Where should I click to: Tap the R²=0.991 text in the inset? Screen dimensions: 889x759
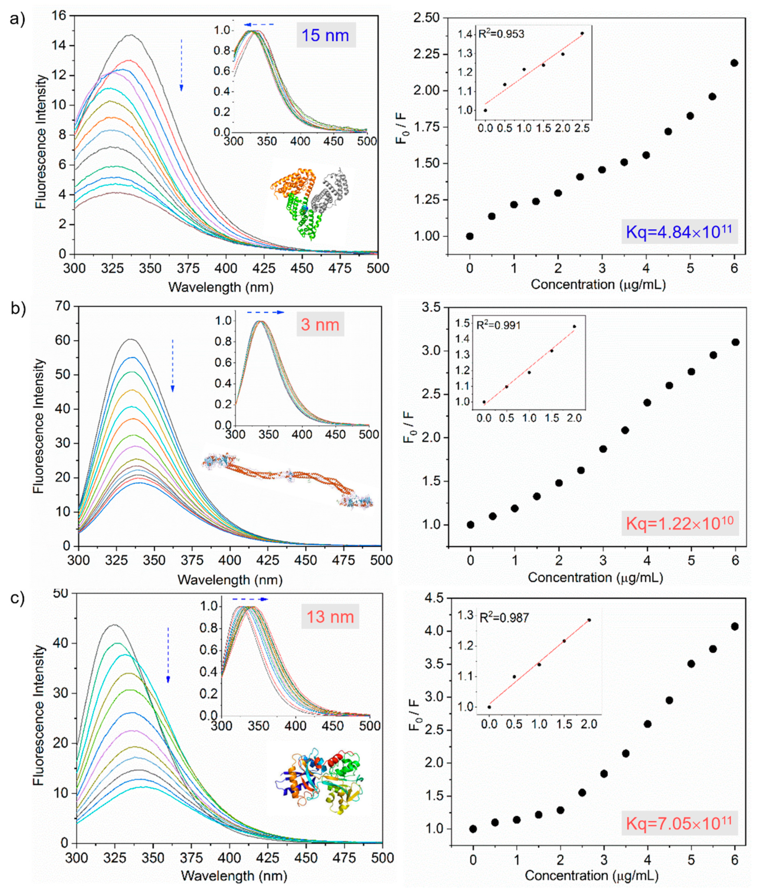498,325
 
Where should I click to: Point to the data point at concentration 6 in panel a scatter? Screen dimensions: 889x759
734,63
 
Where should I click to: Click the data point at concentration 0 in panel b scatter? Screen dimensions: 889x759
471,525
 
